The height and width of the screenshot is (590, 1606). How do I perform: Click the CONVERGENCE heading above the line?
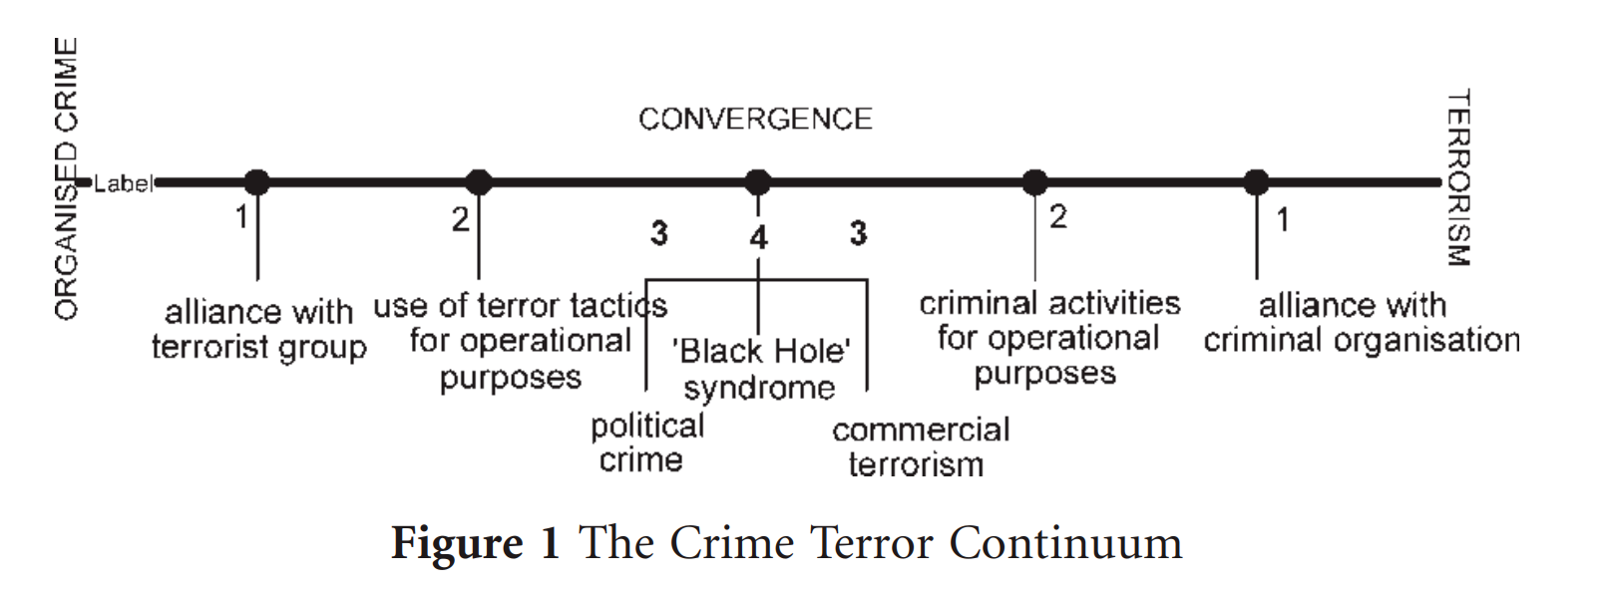755,120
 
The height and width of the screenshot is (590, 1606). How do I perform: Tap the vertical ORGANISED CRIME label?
66,179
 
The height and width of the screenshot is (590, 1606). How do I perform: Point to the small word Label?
123,183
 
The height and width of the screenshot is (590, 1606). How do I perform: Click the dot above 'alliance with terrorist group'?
257,182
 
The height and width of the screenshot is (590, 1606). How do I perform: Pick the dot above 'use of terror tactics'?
479,182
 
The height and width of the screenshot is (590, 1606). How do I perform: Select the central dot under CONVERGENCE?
758,182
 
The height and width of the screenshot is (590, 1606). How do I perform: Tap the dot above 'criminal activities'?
1035,182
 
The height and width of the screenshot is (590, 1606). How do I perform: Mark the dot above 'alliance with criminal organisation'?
1257,182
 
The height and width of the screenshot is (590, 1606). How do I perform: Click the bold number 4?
759,238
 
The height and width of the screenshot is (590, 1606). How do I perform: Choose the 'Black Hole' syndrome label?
760,369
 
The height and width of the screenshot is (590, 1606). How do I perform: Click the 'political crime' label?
645,442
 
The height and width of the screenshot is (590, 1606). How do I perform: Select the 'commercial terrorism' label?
920,446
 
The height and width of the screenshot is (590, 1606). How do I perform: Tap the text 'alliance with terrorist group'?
258,330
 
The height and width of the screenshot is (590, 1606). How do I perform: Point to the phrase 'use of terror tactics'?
520,305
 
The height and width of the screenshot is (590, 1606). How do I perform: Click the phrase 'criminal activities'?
1049,303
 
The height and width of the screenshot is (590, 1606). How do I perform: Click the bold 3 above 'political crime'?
659,233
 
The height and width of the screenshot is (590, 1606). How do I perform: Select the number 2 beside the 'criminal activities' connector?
1058,216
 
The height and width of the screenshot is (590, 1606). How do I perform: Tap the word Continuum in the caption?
1064,544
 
